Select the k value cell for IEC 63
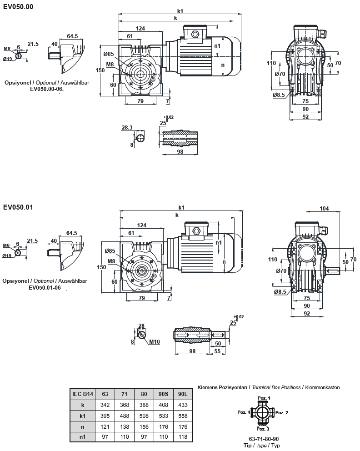(x=105, y=404)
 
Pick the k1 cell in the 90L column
(x=182, y=415)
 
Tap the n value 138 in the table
(x=124, y=426)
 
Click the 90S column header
(x=163, y=394)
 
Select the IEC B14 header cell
(x=83, y=394)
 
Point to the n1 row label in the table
(x=83, y=437)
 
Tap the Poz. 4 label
(x=243, y=412)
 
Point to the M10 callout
(x=155, y=342)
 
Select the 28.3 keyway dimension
(x=127, y=128)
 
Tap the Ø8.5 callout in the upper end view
(x=279, y=95)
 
